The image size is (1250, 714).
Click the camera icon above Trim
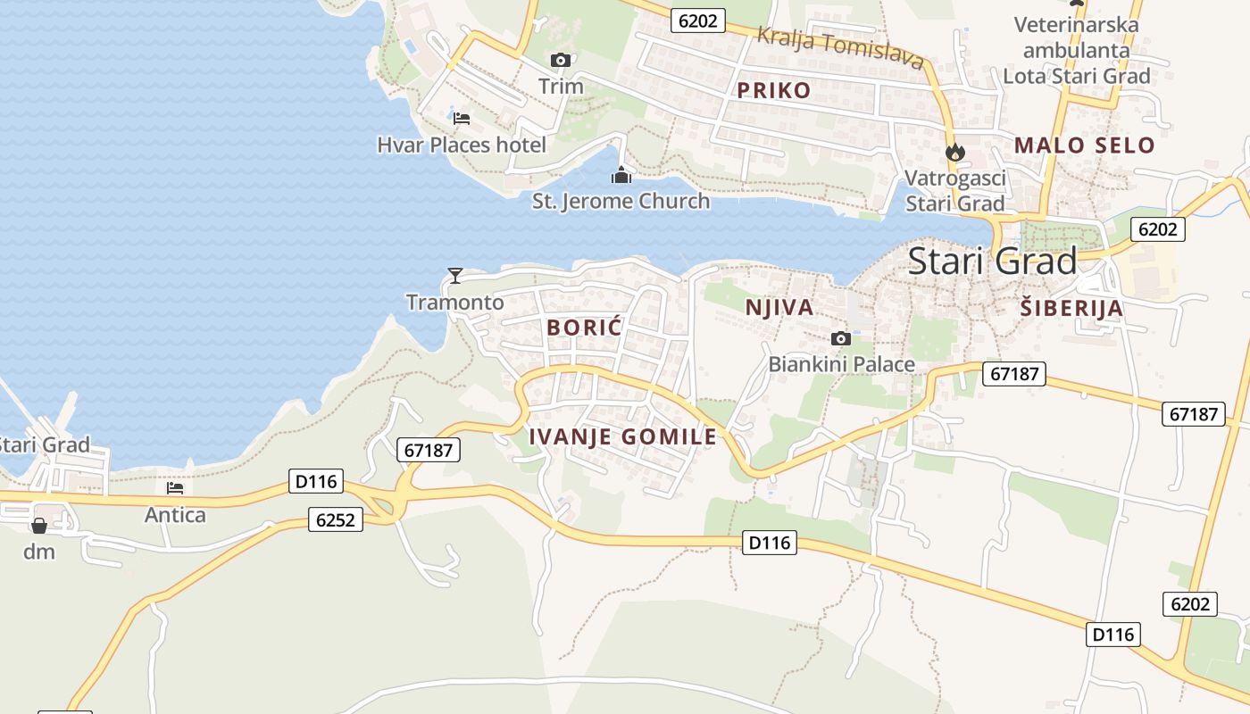click(x=561, y=61)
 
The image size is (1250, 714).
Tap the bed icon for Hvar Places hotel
click(x=461, y=118)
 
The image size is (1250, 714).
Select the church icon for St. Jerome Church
click(x=621, y=175)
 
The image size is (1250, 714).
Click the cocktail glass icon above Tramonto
click(x=455, y=275)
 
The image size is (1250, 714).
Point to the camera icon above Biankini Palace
click(x=840, y=338)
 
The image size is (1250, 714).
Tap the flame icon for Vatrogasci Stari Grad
click(x=955, y=152)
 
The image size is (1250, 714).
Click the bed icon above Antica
click(x=175, y=488)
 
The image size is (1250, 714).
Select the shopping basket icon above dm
click(x=39, y=526)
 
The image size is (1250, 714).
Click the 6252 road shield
click(x=336, y=519)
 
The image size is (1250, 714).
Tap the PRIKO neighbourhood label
click(x=773, y=90)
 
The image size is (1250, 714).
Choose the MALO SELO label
click(x=1084, y=145)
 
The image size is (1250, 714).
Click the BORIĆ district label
click(x=584, y=328)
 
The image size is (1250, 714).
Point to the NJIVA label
click(x=779, y=308)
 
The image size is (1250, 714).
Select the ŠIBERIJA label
click(x=1071, y=309)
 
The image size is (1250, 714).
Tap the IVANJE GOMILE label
click(x=623, y=436)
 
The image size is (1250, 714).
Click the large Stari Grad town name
click(x=992, y=262)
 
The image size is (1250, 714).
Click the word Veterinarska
click(x=1077, y=25)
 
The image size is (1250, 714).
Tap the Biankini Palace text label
click(x=841, y=364)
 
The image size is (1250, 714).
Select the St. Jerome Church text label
click(x=621, y=201)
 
